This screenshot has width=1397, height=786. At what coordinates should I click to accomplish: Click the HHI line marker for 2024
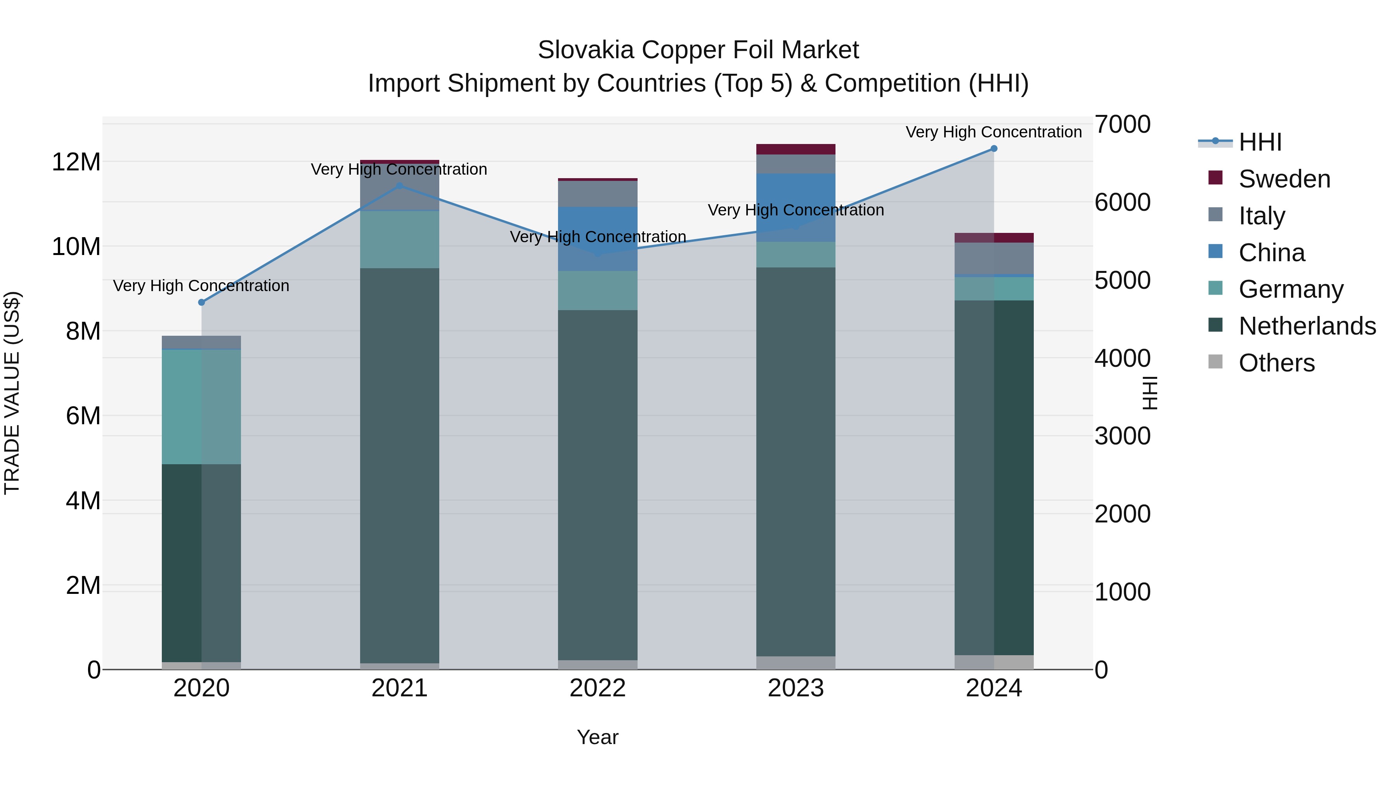[993, 148]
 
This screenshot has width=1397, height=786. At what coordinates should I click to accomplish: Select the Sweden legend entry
[1284, 179]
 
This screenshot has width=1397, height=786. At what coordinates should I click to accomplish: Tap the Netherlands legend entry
[1307, 326]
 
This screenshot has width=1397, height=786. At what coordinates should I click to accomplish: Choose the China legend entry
[1271, 253]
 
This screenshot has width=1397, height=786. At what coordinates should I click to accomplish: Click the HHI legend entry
[1259, 142]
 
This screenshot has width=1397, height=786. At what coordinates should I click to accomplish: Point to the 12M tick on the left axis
[76, 161]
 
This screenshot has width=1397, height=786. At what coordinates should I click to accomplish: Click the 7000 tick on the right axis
[1122, 124]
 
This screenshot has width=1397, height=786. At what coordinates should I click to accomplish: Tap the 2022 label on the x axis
[598, 688]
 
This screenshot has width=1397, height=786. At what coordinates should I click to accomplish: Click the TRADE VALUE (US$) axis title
[12, 393]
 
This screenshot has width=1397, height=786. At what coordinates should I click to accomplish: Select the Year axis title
[598, 737]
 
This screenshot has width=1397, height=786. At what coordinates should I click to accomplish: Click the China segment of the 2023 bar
[796, 207]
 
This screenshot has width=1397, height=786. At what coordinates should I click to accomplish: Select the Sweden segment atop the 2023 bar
[796, 149]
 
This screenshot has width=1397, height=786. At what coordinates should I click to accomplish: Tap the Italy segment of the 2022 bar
[598, 194]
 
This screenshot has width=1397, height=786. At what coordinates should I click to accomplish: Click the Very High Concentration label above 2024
[993, 132]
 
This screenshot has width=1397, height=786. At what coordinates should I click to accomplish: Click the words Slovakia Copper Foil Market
[698, 50]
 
